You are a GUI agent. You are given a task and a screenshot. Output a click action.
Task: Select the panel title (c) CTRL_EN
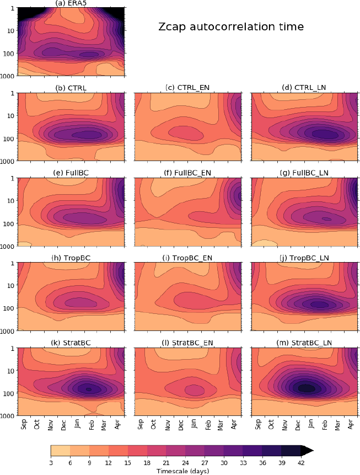coord(187,88)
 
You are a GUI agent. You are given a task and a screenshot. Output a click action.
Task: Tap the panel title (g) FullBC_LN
coord(304,173)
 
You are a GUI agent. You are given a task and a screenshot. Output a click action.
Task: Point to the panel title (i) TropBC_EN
coord(187,258)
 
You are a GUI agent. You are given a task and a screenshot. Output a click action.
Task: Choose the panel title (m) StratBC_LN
coord(304,343)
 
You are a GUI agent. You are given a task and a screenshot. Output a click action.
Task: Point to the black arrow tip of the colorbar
coord(310,451)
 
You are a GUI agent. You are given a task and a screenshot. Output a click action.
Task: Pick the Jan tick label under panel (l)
coord(195,425)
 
